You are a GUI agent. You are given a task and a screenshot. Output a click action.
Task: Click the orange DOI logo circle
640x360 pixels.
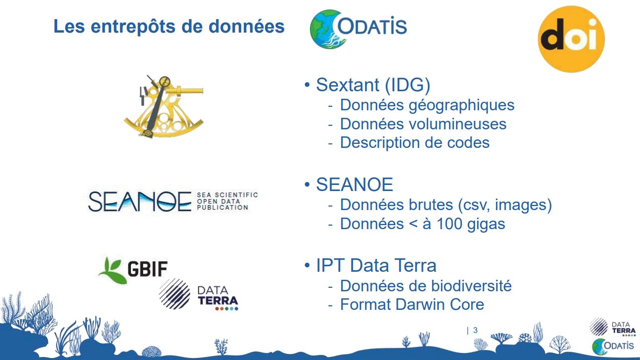point(571,39)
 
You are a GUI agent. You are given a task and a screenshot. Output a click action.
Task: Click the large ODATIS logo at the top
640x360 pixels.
point(358,29)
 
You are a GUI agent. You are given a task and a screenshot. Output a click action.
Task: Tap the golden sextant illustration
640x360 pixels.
point(164,107)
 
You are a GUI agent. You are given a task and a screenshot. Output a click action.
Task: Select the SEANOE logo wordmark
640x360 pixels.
point(140,202)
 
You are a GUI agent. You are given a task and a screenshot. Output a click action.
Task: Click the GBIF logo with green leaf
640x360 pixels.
point(133,270)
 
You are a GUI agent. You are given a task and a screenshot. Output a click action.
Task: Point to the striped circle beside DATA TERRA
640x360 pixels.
point(175,294)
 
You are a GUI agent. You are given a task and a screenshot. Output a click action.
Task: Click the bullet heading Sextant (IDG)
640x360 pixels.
point(373,85)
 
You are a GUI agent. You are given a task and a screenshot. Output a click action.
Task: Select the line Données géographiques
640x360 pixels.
point(427,105)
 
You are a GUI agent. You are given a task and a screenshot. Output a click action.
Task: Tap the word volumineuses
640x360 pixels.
point(455,124)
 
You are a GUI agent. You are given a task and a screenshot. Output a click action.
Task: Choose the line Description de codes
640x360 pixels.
point(415,142)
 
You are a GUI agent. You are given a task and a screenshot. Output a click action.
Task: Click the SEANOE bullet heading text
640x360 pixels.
point(355,185)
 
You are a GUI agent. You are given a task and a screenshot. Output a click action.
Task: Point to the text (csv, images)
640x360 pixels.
point(505,205)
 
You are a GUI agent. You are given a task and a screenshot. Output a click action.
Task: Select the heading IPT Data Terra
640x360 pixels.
point(376,265)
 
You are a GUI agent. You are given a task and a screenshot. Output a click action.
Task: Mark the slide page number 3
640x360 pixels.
point(475,330)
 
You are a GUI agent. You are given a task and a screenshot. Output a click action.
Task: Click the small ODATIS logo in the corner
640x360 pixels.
point(613,346)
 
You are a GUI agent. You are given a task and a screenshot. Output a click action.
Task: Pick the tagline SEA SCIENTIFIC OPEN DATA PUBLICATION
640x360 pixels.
point(227,201)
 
